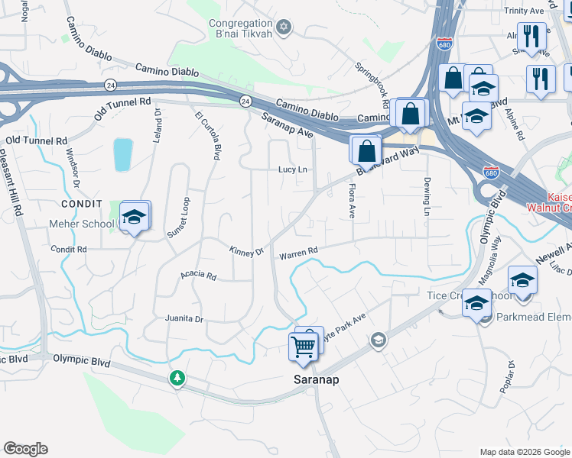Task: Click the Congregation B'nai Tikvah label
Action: [241, 30]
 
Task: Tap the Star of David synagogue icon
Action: [284, 28]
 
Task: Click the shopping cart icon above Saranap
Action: [304, 347]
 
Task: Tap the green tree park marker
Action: [177, 378]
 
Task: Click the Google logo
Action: [25, 449]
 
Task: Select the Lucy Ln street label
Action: [292, 169]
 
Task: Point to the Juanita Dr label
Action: [184, 318]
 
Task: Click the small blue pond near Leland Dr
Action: [122, 155]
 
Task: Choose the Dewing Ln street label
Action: [426, 196]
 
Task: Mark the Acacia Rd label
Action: [199, 276]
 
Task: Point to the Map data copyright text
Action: [524, 452]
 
